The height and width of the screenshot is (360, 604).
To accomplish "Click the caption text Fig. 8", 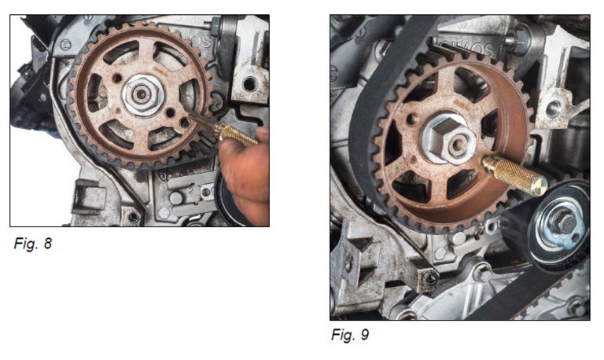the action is pyautogui.click(x=32, y=244).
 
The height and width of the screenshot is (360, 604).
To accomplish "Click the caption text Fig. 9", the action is pyautogui.click(x=350, y=334).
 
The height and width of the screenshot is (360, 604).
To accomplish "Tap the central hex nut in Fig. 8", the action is pyautogui.click(x=142, y=95).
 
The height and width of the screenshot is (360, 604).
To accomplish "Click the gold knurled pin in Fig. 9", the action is pyautogui.click(x=514, y=175).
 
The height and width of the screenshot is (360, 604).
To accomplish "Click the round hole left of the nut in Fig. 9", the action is pyautogui.click(x=413, y=119).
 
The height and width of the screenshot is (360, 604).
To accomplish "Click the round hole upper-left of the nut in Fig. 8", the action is pyautogui.click(x=117, y=79).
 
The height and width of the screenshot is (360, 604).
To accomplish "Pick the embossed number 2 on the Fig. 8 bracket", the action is pyautogui.click(x=190, y=189).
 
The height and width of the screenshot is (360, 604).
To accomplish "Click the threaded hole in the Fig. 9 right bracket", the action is pyautogui.click(x=553, y=108).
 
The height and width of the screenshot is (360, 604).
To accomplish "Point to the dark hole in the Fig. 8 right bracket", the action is pyautogui.click(x=249, y=83).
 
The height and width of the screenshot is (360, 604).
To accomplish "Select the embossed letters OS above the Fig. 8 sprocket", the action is pyautogui.click(x=203, y=41).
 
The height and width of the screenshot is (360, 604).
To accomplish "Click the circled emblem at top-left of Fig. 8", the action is pyautogui.click(x=66, y=45).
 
